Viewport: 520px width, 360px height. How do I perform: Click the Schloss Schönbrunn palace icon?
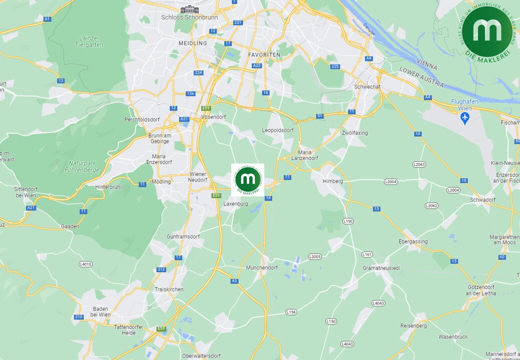coord(190,9)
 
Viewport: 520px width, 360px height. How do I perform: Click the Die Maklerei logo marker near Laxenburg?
coord(248,179)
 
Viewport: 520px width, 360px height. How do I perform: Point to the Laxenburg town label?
coord(236,204)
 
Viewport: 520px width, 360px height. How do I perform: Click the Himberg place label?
coord(333,181)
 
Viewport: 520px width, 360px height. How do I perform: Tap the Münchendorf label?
coord(262,268)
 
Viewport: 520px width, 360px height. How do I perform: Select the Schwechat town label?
coord(367,86)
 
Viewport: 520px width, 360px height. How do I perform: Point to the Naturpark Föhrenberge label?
coord(83,166)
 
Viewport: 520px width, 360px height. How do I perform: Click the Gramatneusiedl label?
coord(381,268)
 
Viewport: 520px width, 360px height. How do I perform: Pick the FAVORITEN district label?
coord(263,54)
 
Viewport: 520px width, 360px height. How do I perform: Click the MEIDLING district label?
coord(193,43)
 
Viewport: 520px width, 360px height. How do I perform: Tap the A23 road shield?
coord(257,65)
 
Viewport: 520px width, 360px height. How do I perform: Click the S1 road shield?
coord(320,116)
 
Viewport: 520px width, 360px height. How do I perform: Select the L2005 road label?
coord(315,256)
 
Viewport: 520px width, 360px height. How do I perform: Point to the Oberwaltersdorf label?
coord(201,356)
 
